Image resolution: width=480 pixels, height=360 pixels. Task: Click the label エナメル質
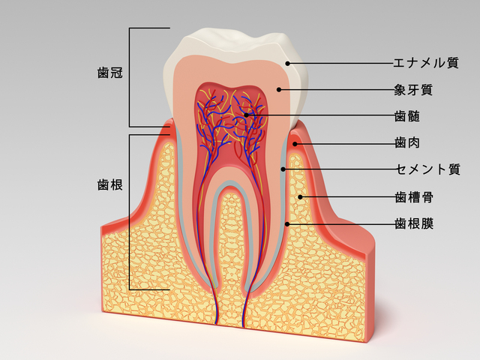point(426,63)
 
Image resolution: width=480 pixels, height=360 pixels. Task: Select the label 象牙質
point(413,90)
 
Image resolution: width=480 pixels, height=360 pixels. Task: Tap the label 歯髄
point(406,116)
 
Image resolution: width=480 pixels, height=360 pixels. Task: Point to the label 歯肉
point(406,143)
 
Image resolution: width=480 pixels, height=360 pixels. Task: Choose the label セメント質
point(428,169)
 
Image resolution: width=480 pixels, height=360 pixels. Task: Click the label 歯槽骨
point(414,197)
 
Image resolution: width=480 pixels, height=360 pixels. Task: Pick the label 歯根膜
point(414,223)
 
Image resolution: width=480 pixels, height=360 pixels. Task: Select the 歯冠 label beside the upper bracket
point(110,73)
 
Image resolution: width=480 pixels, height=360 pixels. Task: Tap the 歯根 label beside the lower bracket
point(110,185)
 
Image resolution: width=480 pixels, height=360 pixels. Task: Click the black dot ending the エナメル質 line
point(287,63)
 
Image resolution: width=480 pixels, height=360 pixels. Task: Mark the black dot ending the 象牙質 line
point(278,90)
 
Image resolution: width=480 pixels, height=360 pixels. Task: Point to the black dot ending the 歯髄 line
point(247,115)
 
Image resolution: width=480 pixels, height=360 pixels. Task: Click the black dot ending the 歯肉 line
point(295,143)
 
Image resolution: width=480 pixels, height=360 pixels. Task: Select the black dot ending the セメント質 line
point(283,169)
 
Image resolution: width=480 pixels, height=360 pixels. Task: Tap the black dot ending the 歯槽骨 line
point(300,197)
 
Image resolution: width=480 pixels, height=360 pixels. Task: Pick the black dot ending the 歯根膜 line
point(287,224)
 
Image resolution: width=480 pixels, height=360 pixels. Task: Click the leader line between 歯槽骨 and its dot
point(347,197)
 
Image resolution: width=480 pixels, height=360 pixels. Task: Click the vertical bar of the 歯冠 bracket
point(130,77)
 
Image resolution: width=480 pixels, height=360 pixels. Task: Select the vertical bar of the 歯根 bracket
point(130,211)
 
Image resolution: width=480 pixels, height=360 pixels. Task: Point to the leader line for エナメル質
point(340,63)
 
